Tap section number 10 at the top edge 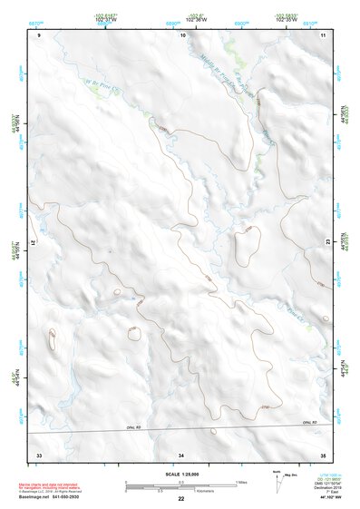pos(183,34)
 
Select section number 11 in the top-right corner pos(324,34)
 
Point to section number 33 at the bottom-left pos(39,453)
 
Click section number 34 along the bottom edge pos(181,453)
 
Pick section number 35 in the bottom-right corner pos(323,453)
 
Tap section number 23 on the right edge pos(327,242)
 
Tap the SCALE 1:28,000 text pos(181,475)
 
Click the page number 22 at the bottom pos(181,500)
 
